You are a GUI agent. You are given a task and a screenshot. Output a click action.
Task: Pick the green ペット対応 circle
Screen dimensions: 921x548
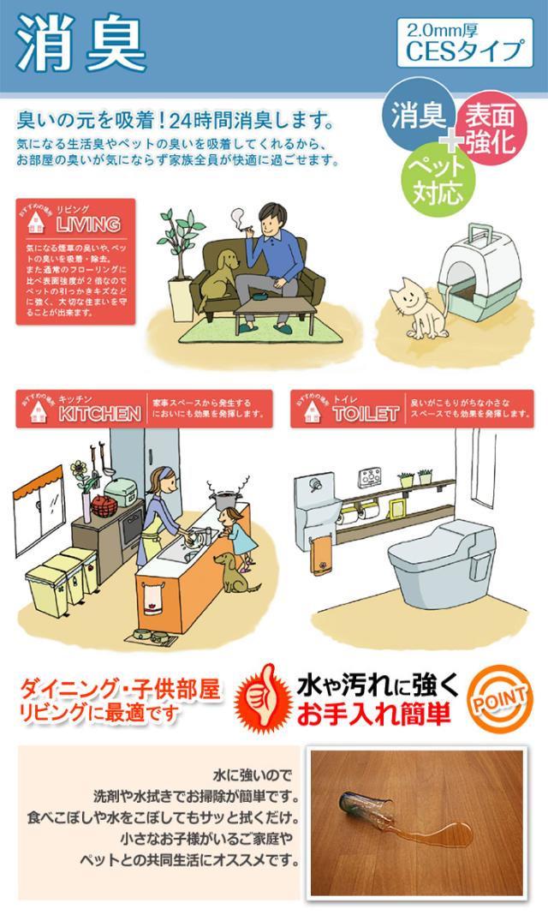coord(438,177)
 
